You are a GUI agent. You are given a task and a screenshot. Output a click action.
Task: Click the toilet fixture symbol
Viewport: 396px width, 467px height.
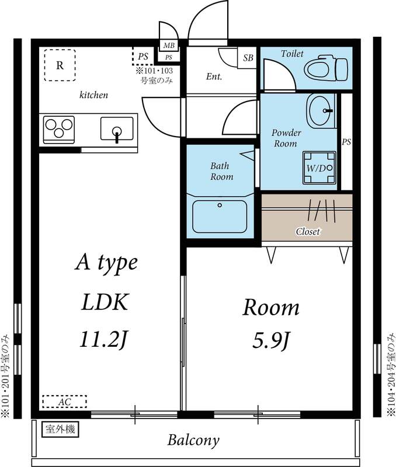(x=325, y=69)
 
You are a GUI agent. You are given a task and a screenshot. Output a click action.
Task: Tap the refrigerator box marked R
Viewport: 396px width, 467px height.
(x=60, y=65)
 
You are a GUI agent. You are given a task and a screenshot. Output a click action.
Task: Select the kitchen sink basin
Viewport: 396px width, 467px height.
(x=117, y=129)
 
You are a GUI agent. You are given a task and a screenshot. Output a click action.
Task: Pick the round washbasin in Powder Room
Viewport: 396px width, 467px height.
(x=321, y=110)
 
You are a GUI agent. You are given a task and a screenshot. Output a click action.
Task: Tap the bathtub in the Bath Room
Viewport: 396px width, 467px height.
(x=220, y=217)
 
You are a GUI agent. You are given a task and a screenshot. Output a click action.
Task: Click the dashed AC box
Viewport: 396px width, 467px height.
(x=64, y=402)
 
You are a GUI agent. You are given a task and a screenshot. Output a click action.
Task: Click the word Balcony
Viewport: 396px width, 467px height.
(x=193, y=440)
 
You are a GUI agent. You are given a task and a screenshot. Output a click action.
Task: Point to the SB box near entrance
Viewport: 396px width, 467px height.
(x=248, y=58)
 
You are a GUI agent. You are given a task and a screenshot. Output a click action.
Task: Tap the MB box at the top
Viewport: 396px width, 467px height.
(x=169, y=46)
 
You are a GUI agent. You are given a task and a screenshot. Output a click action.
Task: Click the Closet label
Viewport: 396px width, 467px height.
(x=307, y=232)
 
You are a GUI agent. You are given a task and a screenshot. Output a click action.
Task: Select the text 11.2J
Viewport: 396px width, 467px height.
(x=103, y=339)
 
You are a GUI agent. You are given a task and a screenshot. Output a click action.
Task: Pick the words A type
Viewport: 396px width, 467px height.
(x=106, y=263)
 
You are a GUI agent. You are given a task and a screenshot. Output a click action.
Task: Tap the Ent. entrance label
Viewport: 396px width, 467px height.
(x=214, y=77)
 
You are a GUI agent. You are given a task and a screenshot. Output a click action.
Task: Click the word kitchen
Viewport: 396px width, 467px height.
(x=93, y=95)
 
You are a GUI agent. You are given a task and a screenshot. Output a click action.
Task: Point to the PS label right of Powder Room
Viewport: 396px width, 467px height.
(x=346, y=142)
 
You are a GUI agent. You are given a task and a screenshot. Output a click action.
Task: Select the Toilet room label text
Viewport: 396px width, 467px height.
(x=292, y=54)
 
